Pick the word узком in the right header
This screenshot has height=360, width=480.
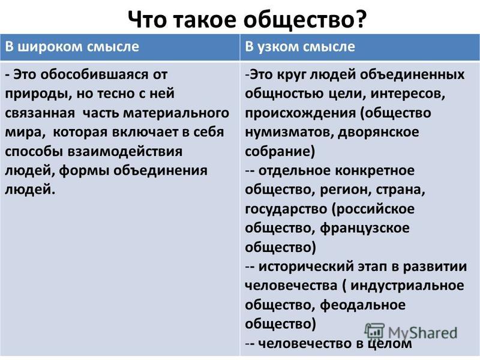click(277, 47)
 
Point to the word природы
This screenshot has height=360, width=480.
click(37, 94)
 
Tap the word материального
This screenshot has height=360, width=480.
click(176, 113)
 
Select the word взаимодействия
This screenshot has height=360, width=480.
click(124, 152)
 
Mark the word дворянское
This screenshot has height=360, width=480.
click(379, 132)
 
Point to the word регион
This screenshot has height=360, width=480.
click(346, 190)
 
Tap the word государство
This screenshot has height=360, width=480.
click(286, 209)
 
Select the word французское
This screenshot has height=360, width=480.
click(365, 229)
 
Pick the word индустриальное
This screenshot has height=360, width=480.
click(407, 286)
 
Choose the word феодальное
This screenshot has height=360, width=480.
click(363, 305)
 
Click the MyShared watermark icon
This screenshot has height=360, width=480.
click(374, 332)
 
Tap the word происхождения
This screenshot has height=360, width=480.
click(301, 113)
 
